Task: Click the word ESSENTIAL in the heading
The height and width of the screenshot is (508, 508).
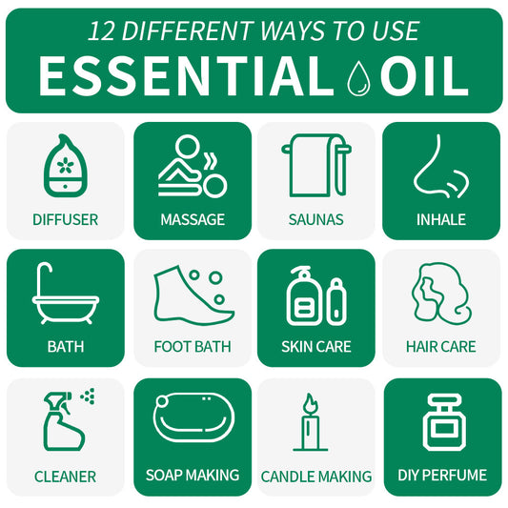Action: click(x=186, y=76)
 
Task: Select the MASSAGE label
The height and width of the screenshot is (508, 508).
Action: click(x=193, y=219)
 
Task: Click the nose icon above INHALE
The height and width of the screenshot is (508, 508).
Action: click(x=440, y=166)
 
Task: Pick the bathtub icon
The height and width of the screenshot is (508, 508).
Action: click(x=65, y=296)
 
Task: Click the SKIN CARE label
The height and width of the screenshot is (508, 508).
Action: click(x=316, y=347)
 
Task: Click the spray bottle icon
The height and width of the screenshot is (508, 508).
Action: click(x=64, y=422)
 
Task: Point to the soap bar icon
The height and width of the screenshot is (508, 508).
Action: click(x=193, y=418)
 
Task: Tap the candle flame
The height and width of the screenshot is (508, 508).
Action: click(x=309, y=403)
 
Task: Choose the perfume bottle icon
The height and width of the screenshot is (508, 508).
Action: click(x=441, y=420)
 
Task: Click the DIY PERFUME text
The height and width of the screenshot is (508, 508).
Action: click(x=442, y=475)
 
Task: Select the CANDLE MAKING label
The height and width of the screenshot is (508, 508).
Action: click(x=316, y=476)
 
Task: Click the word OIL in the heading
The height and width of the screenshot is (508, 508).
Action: click(x=425, y=76)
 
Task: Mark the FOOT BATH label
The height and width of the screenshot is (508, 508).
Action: click(x=193, y=347)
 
